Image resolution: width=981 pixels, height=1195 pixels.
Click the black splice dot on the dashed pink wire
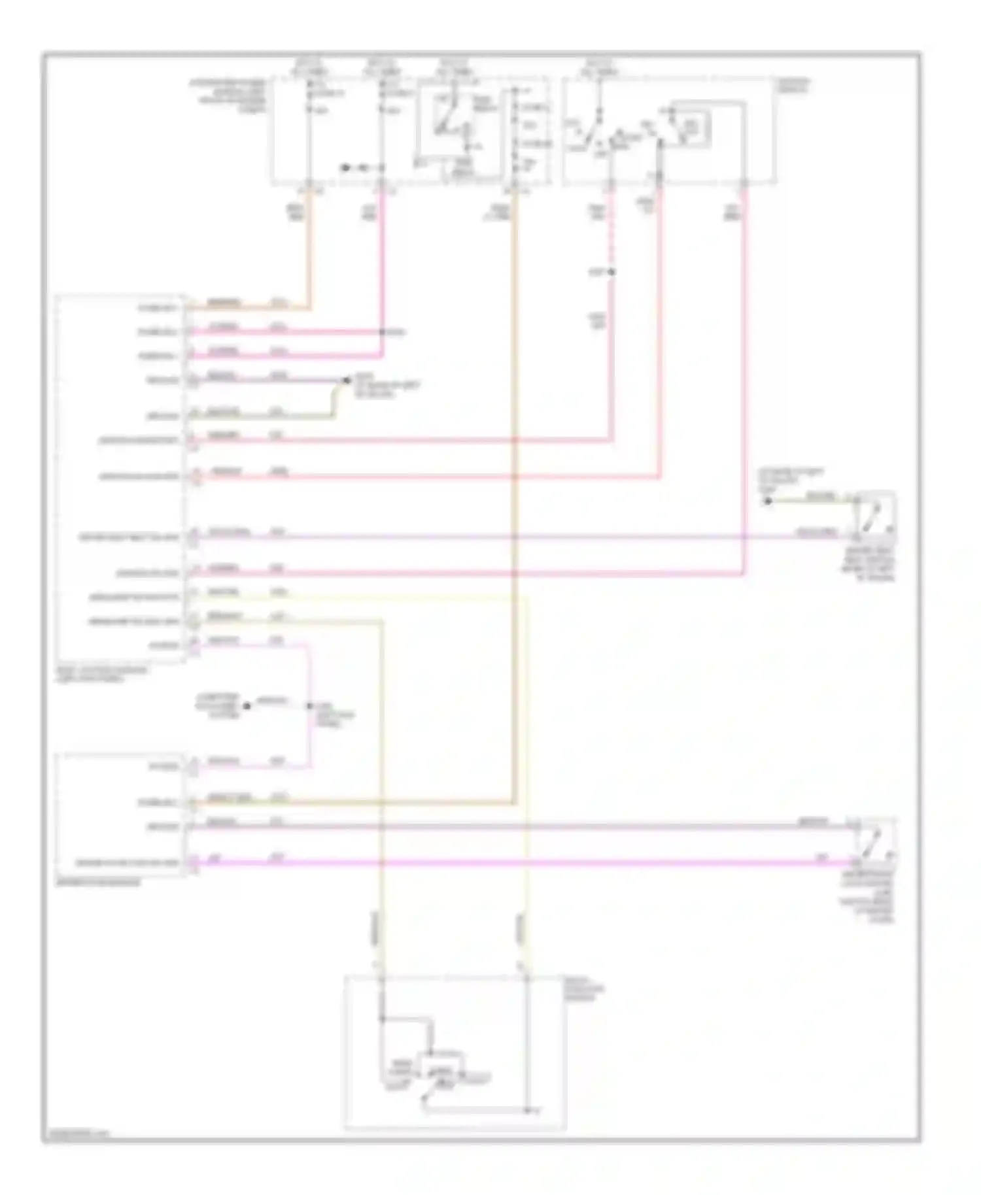click(x=612, y=272)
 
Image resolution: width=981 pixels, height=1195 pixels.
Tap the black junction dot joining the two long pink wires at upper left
click(x=383, y=332)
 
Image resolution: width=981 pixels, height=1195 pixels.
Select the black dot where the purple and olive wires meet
click(x=347, y=380)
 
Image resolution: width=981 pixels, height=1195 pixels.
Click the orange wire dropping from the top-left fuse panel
click(x=309, y=248)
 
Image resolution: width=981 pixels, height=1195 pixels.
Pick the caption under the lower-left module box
click(x=99, y=882)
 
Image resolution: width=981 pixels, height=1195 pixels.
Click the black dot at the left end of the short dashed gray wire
click(x=247, y=706)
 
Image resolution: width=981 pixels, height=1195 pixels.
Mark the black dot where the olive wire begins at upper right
click(x=768, y=501)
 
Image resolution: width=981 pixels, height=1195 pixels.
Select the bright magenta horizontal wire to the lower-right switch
click(x=523, y=864)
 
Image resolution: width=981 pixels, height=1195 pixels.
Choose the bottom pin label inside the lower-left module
click(x=127, y=863)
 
